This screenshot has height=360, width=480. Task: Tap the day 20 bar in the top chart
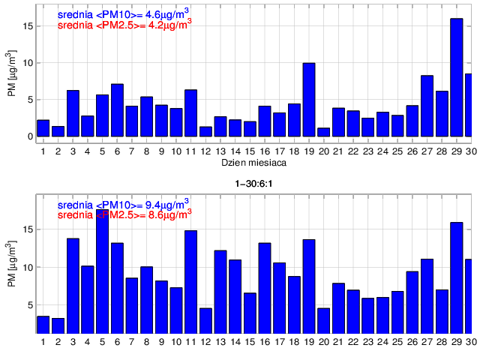click(323, 133)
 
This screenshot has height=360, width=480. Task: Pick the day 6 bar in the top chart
click(117, 110)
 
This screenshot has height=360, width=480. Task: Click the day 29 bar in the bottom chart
click(456, 277)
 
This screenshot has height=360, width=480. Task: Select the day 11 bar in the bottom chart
click(190, 281)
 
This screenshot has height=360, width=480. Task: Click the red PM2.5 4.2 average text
click(124, 25)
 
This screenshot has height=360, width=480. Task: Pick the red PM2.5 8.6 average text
click(124, 215)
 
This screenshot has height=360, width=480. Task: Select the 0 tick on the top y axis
click(29, 136)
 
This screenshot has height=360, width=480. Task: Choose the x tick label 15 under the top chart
click(250, 151)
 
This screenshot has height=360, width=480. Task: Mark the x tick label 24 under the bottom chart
click(382, 343)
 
